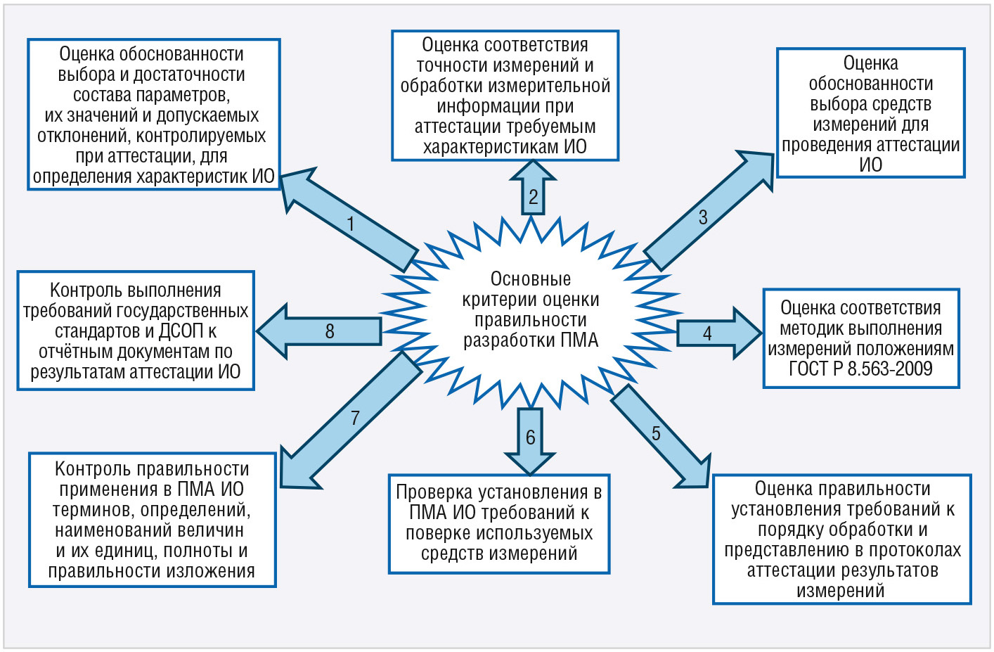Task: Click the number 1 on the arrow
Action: [x=351, y=224]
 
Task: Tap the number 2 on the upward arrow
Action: [x=533, y=197]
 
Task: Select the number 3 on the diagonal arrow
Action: [x=702, y=217]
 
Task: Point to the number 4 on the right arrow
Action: [x=707, y=333]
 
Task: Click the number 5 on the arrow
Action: [x=656, y=433]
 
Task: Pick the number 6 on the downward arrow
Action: [x=531, y=437]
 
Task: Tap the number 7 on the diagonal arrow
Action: [x=355, y=418]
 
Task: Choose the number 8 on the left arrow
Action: [x=329, y=331]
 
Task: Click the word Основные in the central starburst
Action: [x=530, y=279]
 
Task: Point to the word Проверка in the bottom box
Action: [x=433, y=492]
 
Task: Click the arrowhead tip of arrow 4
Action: [x=761, y=333]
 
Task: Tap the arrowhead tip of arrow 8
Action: [x=258, y=331]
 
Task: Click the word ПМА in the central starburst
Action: [x=579, y=340]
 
